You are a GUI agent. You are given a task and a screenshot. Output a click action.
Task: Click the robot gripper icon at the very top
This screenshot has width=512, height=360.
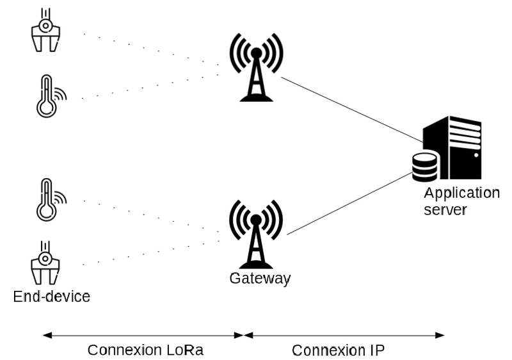tap(45, 31)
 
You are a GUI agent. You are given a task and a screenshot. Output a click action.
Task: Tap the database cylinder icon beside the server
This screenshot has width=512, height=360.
tap(424, 168)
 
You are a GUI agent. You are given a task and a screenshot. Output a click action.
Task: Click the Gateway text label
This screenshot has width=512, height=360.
tap(260, 279)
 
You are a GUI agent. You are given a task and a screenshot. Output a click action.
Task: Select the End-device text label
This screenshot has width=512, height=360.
tap(52, 297)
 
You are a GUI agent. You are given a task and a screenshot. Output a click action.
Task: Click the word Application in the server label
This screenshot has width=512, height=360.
tap(461, 193)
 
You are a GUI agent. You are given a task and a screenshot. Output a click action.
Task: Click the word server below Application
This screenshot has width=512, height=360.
tap(445, 210)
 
